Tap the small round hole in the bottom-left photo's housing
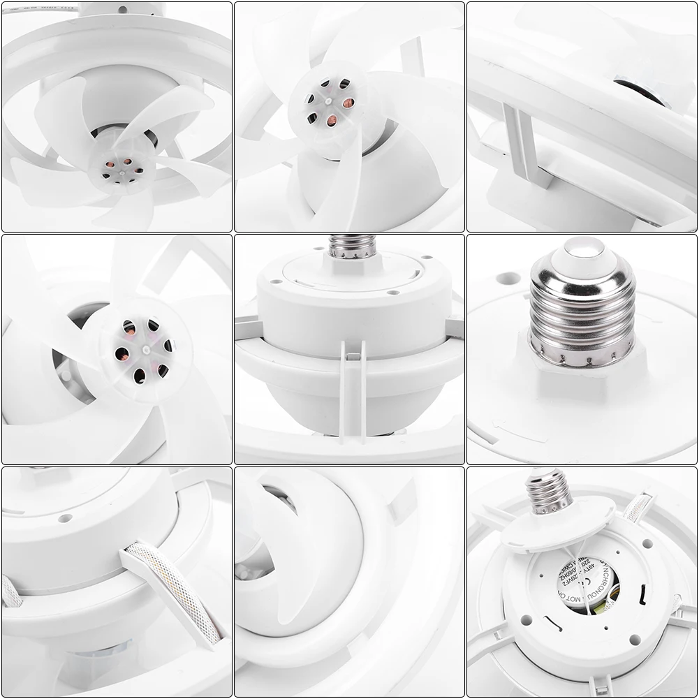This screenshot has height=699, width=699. point(64,519)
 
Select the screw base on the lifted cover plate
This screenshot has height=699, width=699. point(549,491)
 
